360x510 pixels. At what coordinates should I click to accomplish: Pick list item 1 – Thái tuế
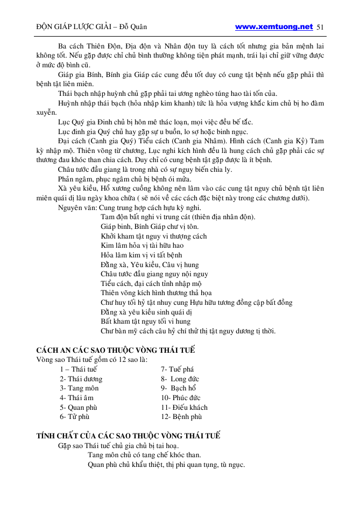coord(79,369)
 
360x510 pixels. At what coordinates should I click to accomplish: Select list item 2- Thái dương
coord(81,379)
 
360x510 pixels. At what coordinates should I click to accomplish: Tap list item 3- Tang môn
coord(79,388)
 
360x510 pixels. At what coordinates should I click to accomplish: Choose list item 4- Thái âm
coord(77,398)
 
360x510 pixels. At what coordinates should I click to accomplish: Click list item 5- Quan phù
coord(79,407)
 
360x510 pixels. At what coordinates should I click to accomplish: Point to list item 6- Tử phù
coord(75,417)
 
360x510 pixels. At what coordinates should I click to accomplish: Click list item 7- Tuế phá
coord(177,369)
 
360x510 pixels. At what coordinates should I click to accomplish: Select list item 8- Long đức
coord(180,379)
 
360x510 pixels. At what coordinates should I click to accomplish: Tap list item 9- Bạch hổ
coord(180,388)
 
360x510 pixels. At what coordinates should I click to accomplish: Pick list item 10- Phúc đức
coord(180,398)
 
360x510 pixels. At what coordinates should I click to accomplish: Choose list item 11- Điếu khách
coord(184,407)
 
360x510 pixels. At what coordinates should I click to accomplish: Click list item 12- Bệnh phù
coord(181,417)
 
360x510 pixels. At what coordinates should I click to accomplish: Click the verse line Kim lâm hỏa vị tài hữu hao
coord(142,246)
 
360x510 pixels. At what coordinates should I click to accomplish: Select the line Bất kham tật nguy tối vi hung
coord(145,322)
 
